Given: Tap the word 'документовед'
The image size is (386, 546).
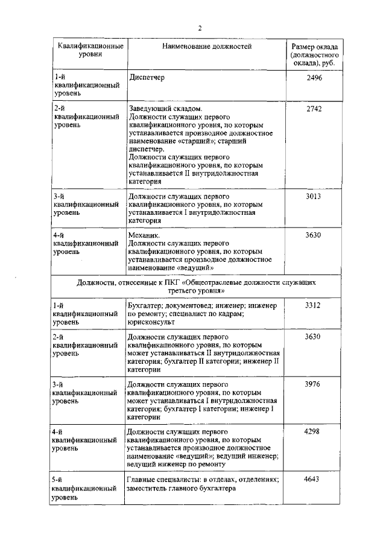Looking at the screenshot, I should coord(185,305).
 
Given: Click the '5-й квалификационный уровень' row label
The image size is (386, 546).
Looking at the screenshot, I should coord(84,489).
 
